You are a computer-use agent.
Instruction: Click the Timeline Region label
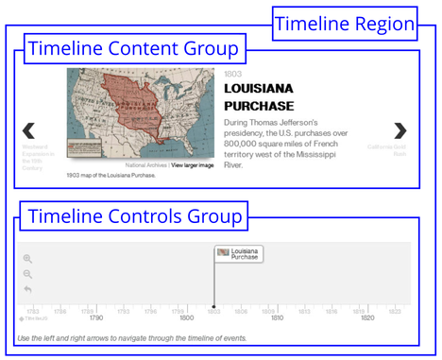(x=344, y=24)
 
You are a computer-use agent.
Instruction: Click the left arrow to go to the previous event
(x=28, y=130)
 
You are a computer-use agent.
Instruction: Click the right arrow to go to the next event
(x=400, y=130)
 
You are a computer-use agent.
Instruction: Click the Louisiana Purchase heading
(x=259, y=97)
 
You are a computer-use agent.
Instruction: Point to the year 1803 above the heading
(x=233, y=73)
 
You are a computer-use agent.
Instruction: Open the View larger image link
(x=192, y=165)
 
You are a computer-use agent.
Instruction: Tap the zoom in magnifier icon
(x=27, y=258)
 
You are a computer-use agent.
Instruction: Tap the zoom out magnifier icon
(x=27, y=273)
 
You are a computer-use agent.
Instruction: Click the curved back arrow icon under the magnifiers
(x=27, y=288)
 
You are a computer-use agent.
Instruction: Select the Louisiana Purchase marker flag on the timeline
(x=239, y=253)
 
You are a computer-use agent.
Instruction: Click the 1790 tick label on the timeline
(x=96, y=318)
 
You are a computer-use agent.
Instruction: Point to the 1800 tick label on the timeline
(x=187, y=318)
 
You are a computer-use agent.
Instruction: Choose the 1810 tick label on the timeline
(x=277, y=318)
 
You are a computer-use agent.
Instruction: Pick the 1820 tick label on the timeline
(x=367, y=318)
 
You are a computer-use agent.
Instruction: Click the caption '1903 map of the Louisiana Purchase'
(x=110, y=175)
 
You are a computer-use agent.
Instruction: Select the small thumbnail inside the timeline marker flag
(x=224, y=252)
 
